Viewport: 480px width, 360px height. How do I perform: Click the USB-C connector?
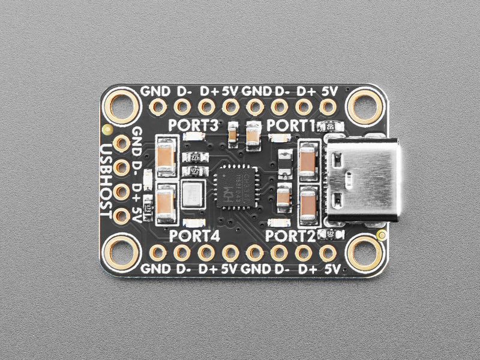click(x=363, y=179)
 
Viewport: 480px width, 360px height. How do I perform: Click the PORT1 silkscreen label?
click(x=291, y=125)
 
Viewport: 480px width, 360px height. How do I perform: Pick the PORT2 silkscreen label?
click(x=291, y=235)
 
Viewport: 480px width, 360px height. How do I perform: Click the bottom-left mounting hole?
click(x=123, y=253)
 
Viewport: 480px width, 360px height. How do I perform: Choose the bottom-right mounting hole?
click(x=365, y=253)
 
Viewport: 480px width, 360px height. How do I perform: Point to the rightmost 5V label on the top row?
click(x=329, y=92)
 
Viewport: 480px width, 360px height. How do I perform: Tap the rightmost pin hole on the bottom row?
click(x=328, y=253)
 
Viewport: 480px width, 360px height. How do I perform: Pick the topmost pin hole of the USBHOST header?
click(x=122, y=143)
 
